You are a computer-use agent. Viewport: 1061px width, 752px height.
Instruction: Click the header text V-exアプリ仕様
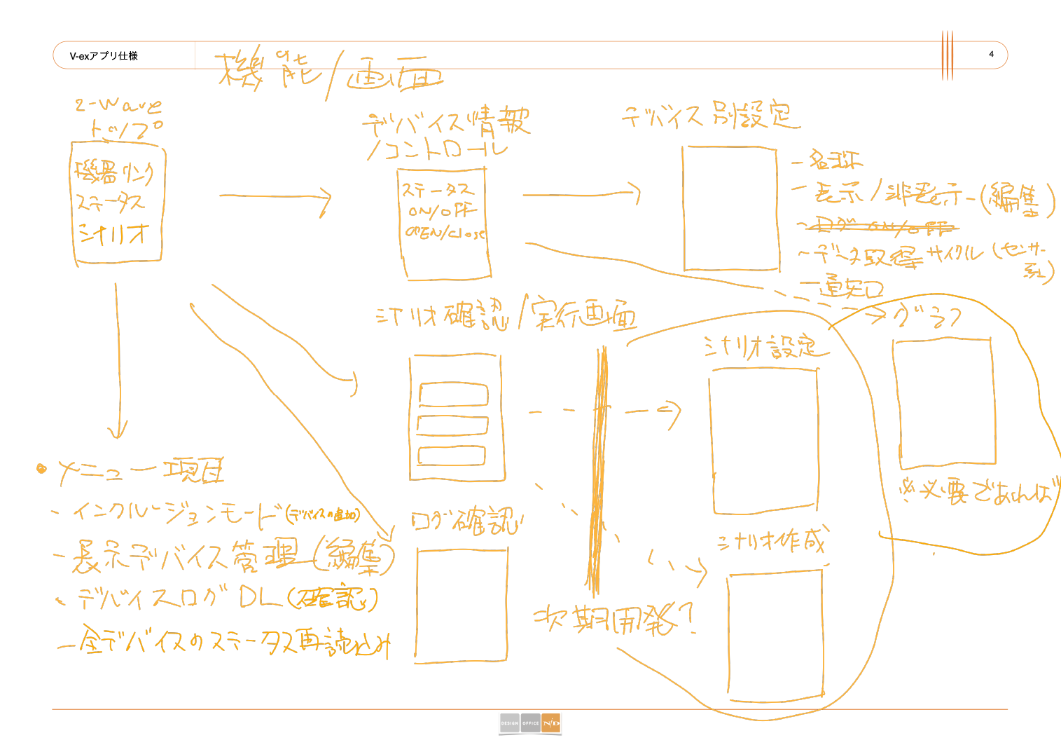pyautogui.click(x=104, y=56)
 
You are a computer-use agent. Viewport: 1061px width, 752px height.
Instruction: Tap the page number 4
pyautogui.click(x=991, y=54)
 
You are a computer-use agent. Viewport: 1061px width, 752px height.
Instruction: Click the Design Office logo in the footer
pyautogui.click(x=530, y=723)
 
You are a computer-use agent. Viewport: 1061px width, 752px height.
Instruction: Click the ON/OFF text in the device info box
pyautogui.click(x=442, y=210)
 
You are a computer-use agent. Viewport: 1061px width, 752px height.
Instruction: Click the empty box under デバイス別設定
pyautogui.click(x=730, y=208)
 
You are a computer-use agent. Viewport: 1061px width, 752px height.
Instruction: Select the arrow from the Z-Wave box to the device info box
pyautogui.click(x=275, y=196)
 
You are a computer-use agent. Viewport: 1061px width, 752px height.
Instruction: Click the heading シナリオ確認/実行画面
pyautogui.click(x=506, y=315)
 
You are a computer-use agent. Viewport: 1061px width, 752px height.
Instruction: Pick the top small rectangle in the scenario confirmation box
pyautogui.click(x=453, y=395)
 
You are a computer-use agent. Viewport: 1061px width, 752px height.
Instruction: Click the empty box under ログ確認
pyautogui.click(x=462, y=605)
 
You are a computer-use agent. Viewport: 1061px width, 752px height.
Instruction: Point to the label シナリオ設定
pyautogui.click(x=759, y=346)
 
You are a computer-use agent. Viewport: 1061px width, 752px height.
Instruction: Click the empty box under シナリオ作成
pyautogui.click(x=775, y=636)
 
